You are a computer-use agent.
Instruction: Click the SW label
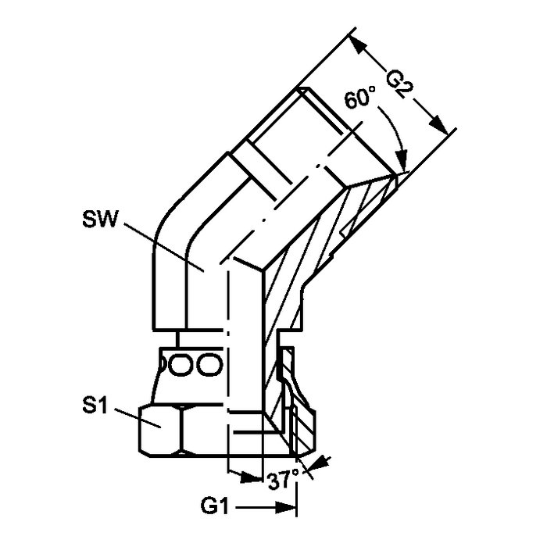tap(98, 219)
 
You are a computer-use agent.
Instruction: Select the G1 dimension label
tap(214, 506)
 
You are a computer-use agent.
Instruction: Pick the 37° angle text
tap(283, 481)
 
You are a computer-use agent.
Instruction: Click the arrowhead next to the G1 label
tap(285, 507)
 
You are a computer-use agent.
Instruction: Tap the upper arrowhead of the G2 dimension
tap(359, 45)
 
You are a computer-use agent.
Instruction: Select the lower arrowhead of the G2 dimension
tap(438, 127)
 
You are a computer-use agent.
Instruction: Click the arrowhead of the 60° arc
tap(402, 160)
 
